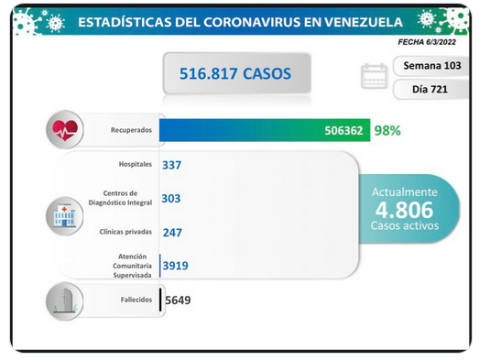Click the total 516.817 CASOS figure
(x=235, y=73)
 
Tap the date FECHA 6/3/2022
(x=427, y=42)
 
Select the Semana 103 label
(x=432, y=66)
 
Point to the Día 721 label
(x=430, y=89)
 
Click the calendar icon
(x=375, y=76)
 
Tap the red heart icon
(x=65, y=130)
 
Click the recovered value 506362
(x=343, y=130)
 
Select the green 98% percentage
(x=387, y=130)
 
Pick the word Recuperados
(x=131, y=130)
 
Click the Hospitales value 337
(x=171, y=165)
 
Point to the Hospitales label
(x=136, y=164)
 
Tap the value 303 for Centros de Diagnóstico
(x=171, y=199)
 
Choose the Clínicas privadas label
(x=125, y=232)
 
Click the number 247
(x=172, y=233)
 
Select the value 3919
(x=175, y=266)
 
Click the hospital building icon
(x=64, y=216)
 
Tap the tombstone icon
(x=65, y=301)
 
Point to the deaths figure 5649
(x=178, y=300)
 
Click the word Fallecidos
(x=136, y=300)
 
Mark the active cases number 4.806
(x=405, y=210)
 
